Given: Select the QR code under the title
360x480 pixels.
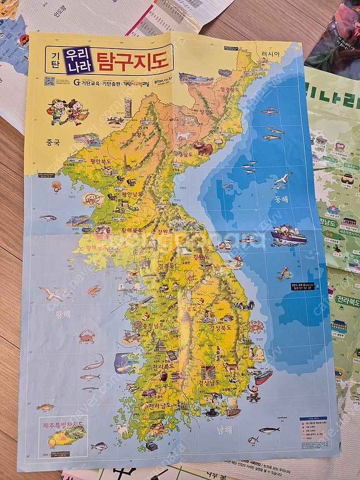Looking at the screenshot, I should [49, 81].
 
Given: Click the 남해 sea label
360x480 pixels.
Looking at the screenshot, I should [224, 430].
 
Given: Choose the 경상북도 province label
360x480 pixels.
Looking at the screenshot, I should [220, 328].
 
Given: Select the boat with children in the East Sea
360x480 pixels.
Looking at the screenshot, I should [288, 235].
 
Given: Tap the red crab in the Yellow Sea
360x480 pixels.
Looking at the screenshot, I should [86, 336].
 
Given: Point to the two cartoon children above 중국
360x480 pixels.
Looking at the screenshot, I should [67, 111].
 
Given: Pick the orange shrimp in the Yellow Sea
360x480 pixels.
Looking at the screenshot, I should [95, 289].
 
